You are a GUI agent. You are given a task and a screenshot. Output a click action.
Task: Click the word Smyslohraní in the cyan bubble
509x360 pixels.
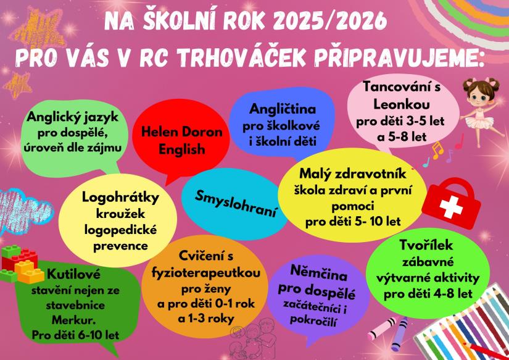(236, 204)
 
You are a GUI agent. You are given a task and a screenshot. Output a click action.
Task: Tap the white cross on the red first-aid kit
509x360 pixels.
(451, 207)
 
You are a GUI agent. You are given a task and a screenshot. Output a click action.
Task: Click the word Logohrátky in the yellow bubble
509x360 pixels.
(120, 197)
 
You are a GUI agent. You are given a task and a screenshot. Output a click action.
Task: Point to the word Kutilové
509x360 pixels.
(73, 275)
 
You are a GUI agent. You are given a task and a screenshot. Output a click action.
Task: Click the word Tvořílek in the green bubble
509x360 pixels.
(426, 245)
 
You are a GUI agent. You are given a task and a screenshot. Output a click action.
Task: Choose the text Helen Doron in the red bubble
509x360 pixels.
(182, 132)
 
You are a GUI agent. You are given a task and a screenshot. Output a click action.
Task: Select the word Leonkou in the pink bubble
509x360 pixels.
(402, 104)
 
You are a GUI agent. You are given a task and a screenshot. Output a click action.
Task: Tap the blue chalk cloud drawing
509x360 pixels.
(23, 209)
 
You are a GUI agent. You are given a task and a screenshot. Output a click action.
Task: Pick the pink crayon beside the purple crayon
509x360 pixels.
(382, 329)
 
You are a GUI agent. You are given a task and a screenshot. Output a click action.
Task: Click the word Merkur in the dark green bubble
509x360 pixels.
(73, 320)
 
